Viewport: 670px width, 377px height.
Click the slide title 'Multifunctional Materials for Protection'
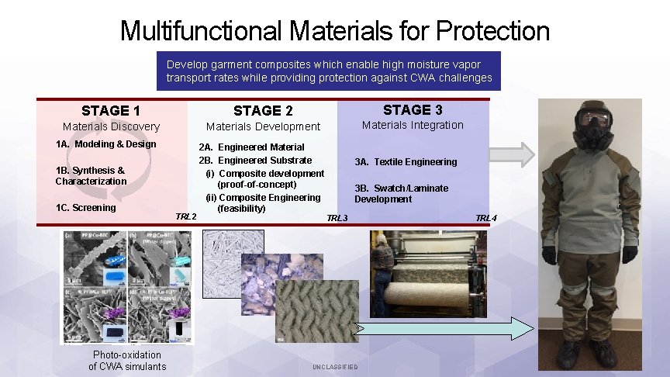335,31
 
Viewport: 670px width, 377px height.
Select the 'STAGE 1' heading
111,111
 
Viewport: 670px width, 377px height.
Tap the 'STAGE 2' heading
263,111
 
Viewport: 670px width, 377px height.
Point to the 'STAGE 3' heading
413,109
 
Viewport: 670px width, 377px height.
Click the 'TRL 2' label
186,216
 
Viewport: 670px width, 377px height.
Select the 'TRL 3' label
337,218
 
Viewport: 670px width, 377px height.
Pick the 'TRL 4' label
486,218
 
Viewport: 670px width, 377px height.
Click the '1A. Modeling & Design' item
105,144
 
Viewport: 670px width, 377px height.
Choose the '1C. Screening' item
85,208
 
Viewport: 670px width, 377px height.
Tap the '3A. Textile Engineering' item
406,162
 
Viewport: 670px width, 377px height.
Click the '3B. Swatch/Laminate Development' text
401,194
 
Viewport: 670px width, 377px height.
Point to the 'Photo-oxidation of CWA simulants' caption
127,361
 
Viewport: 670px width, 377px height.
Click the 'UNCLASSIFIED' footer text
335,367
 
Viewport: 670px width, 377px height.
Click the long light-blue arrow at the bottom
444,328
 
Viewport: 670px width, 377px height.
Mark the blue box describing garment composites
329,71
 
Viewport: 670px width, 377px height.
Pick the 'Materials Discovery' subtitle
111,126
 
